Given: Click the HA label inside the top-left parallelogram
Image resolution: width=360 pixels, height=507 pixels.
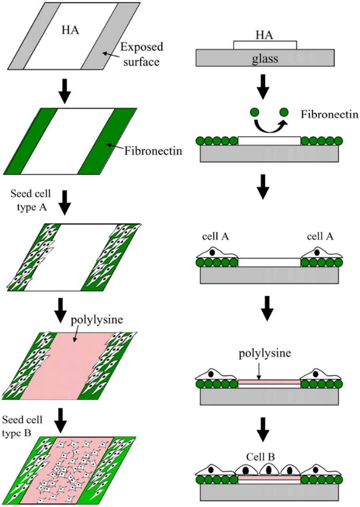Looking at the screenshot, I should (x=70, y=30).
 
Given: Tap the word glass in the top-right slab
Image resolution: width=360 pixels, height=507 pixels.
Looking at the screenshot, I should (x=265, y=59).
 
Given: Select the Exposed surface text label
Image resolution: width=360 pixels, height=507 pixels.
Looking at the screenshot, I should (x=142, y=54).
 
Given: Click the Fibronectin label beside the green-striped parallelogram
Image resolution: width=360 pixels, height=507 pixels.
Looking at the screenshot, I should (x=153, y=151).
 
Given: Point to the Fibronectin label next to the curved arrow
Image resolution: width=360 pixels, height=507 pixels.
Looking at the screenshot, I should (x=329, y=114).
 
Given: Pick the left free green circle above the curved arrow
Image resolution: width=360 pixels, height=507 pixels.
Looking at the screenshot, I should (x=254, y=112).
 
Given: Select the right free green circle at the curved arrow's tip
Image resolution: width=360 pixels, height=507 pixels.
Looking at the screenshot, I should (x=284, y=112).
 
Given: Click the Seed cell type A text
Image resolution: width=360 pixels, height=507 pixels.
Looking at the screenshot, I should (x=31, y=200).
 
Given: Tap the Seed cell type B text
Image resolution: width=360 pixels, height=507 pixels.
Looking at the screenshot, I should (x=22, y=426).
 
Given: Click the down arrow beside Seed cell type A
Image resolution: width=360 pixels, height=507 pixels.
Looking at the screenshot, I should (x=64, y=202).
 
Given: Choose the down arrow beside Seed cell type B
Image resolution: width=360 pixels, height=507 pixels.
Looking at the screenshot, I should (x=61, y=421).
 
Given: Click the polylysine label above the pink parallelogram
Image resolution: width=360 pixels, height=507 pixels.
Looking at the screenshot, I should (x=97, y=319).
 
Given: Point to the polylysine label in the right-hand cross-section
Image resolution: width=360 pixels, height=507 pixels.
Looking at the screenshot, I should (x=265, y=353).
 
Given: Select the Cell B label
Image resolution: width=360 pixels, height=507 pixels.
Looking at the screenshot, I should (x=260, y=457).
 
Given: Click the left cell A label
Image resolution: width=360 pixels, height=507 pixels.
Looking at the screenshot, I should (x=215, y=236).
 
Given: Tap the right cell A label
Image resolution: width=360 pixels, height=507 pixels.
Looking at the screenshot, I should (x=320, y=236).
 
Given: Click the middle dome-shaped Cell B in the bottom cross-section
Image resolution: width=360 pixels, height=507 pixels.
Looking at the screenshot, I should (x=269, y=469).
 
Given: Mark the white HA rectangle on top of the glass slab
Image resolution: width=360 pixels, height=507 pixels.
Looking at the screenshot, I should (x=265, y=45).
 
